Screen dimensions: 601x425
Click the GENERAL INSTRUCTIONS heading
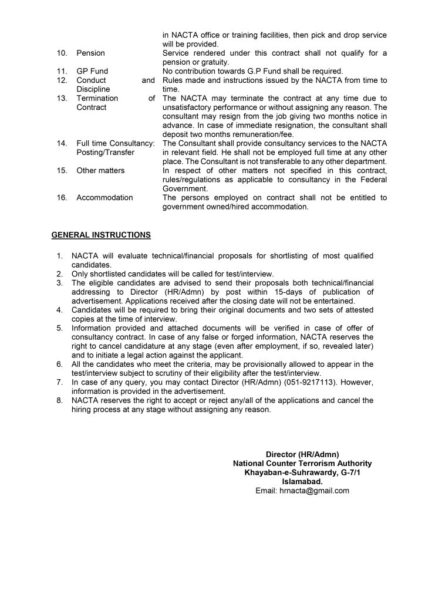(x=101, y=235)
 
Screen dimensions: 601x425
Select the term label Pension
(x=90, y=53)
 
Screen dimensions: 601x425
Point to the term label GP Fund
(x=92, y=71)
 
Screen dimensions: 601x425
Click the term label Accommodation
(x=104, y=198)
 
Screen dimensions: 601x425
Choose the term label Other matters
(x=100, y=170)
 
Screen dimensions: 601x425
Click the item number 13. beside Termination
(x=62, y=98)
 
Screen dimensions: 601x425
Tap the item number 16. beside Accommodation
(x=62, y=198)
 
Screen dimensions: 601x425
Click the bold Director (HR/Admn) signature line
(x=302, y=454)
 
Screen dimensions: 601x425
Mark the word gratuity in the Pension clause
(x=214, y=62)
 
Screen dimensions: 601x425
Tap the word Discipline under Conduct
(x=93, y=89)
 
